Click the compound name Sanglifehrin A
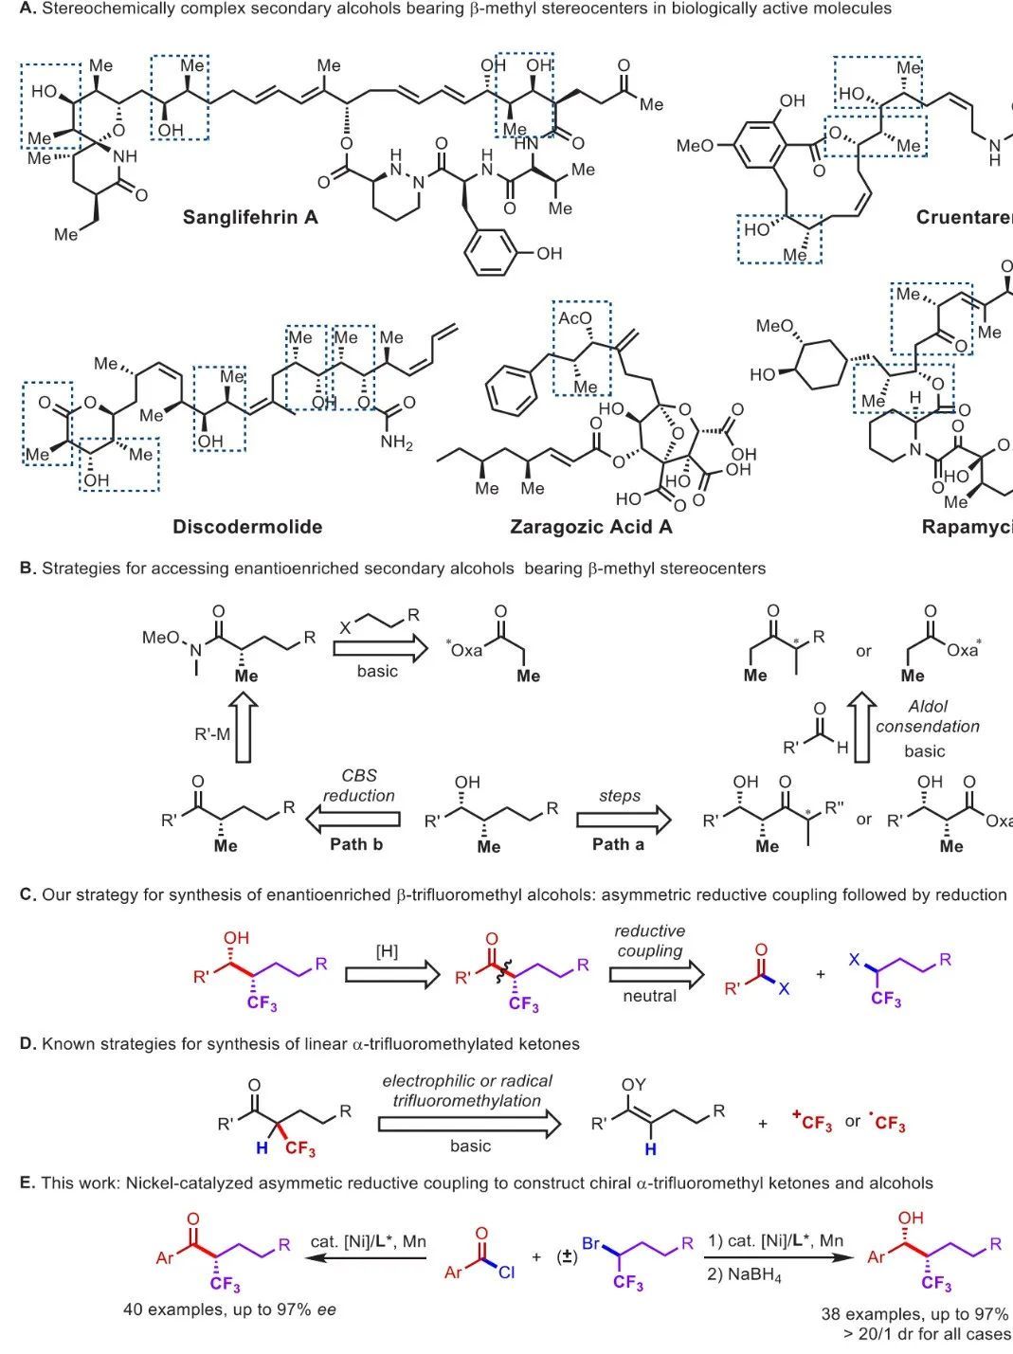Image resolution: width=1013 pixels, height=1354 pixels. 250,217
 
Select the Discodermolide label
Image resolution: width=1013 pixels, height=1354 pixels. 247,527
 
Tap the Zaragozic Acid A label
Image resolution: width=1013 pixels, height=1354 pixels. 590,527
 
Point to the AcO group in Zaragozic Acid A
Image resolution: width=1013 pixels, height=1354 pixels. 574,318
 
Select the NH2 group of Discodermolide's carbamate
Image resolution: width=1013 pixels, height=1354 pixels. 396,442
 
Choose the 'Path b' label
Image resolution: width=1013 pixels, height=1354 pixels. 356,843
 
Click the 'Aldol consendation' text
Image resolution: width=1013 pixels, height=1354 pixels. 927,716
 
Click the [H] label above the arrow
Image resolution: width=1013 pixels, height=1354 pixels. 387,951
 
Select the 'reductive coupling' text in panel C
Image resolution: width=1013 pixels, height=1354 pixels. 649,941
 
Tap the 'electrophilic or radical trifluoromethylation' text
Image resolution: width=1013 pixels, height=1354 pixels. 467,1091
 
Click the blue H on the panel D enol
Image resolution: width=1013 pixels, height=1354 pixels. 650,1149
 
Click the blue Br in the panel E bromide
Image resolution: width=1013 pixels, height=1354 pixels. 590,1242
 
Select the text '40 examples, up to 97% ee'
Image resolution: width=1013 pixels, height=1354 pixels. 229,1310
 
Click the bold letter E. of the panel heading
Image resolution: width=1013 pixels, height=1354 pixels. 27,1182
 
